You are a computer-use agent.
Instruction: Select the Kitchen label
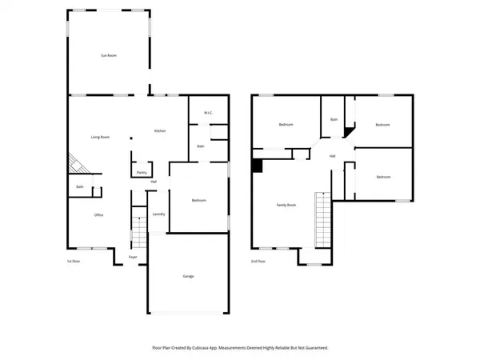coord(159,130)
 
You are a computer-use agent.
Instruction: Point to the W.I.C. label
coord(207,112)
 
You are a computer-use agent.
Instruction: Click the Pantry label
coord(141,172)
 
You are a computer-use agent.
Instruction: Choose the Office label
coord(99,214)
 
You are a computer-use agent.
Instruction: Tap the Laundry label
coord(158,214)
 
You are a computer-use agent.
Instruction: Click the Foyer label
coord(133,257)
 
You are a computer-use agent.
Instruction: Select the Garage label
coord(188,276)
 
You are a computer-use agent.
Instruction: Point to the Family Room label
coord(286,206)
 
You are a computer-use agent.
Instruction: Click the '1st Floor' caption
coord(74,262)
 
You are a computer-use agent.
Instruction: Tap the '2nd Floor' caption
coord(258,262)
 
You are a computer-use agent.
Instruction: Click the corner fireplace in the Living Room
coord(77,163)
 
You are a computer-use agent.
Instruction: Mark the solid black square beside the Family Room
coord(257,166)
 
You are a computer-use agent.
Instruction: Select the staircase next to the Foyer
coord(138,234)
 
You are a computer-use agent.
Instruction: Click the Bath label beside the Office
coord(80,187)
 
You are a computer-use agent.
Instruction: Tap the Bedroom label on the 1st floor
coord(200,200)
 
